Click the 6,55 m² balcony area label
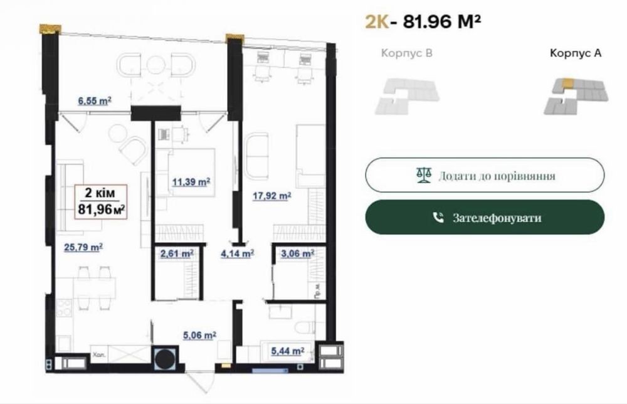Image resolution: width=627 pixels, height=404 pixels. [95, 101]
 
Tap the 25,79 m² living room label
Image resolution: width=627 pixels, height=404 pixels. [83, 247]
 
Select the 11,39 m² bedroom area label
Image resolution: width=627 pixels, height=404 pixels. [191, 182]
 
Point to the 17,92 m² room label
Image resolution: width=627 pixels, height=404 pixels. [271, 196]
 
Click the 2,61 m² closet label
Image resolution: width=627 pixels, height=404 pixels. [177, 253]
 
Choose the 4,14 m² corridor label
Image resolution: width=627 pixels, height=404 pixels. [238, 253]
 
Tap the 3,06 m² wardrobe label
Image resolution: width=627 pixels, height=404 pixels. [297, 253]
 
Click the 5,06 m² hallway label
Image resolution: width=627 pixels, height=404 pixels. [199, 335]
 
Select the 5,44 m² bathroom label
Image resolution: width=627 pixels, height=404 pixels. [288, 351]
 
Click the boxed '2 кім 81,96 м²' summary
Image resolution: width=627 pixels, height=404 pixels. [101, 201]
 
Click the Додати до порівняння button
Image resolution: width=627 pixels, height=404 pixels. [485, 175]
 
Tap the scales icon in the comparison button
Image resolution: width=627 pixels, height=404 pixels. [424, 175]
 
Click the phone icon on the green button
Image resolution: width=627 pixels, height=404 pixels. [439, 218]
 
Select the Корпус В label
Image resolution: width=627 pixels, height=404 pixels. [407, 53]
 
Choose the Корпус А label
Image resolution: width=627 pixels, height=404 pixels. [576, 53]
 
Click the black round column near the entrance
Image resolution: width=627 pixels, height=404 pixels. [166, 357]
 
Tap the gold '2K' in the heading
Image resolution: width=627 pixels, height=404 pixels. [377, 21]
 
